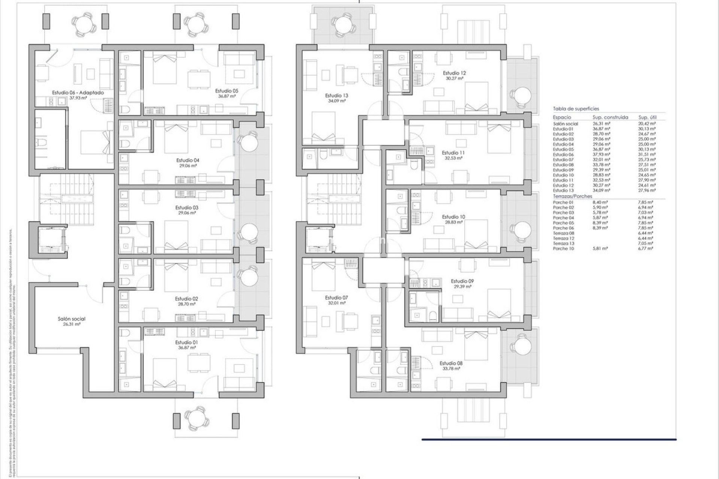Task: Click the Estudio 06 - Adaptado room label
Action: [x=78, y=92]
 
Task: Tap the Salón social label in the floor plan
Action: [x=72, y=319]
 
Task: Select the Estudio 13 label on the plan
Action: [x=336, y=95]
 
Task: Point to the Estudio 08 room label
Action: [x=451, y=363]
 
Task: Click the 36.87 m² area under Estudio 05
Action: [x=227, y=96]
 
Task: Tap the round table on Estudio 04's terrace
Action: [x=247, y=142]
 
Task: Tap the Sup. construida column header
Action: [x=610, y=117]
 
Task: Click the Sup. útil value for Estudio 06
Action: [x=647, y=155]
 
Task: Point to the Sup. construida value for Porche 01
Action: [x=600, y=202]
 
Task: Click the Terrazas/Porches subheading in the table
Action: [x=573, y=196]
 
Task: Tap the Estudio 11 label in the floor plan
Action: [x=453, y=153]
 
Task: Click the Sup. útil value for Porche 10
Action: [x=646, y=248]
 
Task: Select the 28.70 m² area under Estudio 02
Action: [x=186, y=304]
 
